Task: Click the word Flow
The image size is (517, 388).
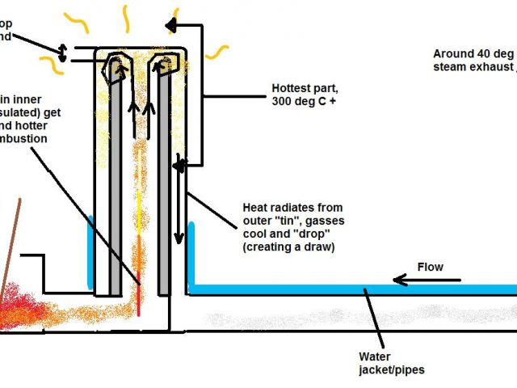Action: coord(430,267)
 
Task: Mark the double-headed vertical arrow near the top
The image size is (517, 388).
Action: coord(61,50)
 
